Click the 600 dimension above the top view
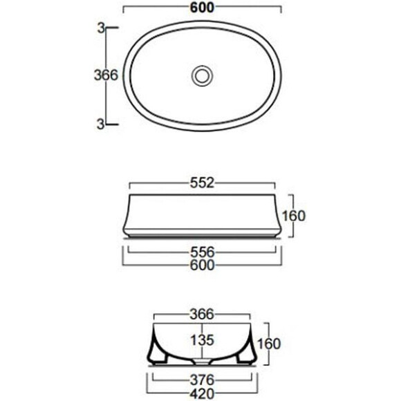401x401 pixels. [x=202, y=8]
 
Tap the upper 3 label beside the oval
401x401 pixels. [x=101, y=28]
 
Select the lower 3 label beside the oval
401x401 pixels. [x=100, y=124]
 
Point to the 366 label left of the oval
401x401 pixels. [x=106, y=75]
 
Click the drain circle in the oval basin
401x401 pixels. [x=203, y=75]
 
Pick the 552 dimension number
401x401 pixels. [x=202, y=183]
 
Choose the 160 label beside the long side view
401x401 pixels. [x=294, y=216]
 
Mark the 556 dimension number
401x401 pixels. [x=202, y=252]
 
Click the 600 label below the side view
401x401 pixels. [x=202, y=265]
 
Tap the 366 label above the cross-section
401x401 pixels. [x=201, y=315]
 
